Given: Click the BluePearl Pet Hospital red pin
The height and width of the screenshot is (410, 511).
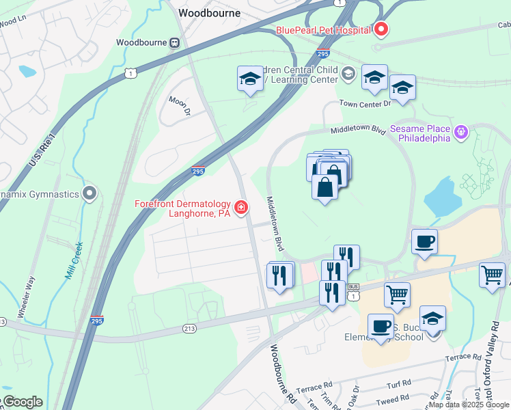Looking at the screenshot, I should click(x=381, y=30).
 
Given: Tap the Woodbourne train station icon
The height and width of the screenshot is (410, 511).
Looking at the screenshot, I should click(x=174, y=42).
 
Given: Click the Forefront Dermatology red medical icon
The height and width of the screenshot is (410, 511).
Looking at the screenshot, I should click(x=240, y=207).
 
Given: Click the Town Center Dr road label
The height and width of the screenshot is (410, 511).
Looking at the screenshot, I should click(x=365, y=103).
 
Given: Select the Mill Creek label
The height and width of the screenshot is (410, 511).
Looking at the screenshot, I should click(x=74, y=260).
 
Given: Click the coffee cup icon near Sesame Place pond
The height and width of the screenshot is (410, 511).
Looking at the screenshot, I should click(x=424, y=241).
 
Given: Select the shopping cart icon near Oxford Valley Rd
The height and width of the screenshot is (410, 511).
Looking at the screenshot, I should click(x=492, y=275).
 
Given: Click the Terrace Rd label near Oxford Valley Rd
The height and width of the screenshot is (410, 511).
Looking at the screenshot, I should click(x=462, y=357).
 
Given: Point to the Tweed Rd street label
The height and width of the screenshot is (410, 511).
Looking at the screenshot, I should click(x=393, y=398).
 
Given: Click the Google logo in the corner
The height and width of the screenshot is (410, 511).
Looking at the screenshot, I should click(x=22, y=402).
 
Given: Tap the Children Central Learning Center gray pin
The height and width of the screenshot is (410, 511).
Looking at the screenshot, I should click(x=348, y=73).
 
